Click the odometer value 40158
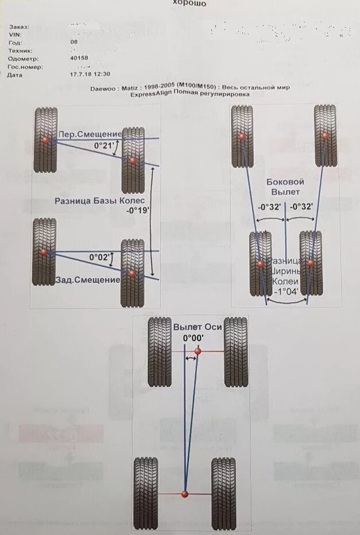(79, 58)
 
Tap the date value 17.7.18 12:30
(90, 74)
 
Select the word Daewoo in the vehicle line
(103, 87)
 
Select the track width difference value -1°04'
(285, 291)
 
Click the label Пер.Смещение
(89, 134)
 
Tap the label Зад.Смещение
(88, 280)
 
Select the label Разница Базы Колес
(102, 201)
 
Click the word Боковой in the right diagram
(285, 182)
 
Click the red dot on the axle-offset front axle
(198, 351)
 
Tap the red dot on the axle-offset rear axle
(185, 494)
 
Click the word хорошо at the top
(190, 3)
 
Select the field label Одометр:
(24, 58)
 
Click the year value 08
(73, 42)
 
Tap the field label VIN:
(16, 34)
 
